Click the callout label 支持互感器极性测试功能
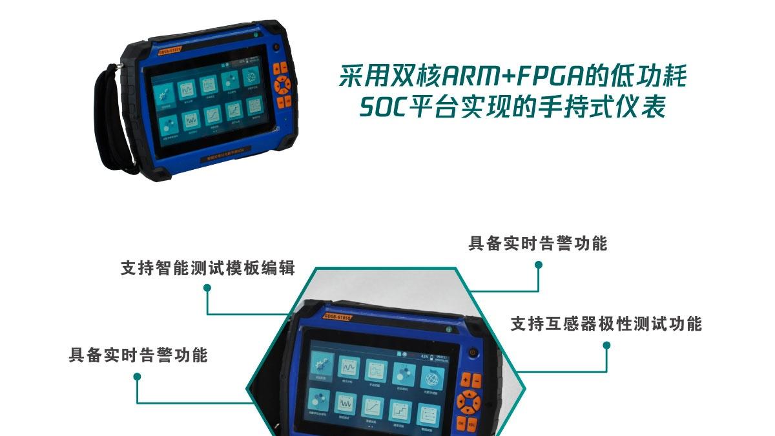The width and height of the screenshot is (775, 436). [606, 324]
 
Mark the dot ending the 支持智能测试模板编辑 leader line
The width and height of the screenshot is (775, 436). [207, 289]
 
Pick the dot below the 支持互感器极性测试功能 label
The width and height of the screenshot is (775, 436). [606, 346]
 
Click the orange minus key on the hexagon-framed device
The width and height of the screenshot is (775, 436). [479, 380]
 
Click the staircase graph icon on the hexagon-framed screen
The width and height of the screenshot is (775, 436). [401, 409]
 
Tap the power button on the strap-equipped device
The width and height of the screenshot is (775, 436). [276, 47]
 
